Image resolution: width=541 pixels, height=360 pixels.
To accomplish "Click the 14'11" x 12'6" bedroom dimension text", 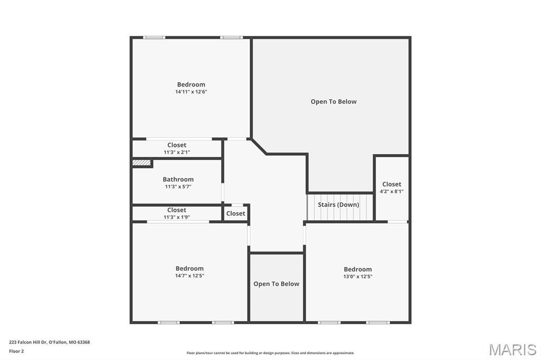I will (191, 92).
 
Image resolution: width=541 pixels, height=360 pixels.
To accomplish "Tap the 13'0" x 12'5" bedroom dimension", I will (358, 277).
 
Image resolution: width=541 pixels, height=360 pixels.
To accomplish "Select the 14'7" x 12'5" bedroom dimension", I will (190, 276).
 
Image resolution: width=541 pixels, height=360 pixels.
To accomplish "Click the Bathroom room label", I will (178, 179).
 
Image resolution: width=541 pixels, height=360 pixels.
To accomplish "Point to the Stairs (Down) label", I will (338, 205).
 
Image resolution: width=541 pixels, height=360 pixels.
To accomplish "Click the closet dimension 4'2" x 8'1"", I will (391, 192).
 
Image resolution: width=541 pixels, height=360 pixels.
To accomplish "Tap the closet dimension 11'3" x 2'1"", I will (177, 153).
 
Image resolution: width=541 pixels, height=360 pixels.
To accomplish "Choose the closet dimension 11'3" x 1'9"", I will (176, 217).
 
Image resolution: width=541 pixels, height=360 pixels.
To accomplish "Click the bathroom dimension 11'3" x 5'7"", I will (178, 186).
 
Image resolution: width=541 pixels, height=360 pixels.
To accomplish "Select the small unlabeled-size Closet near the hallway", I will (236, 213).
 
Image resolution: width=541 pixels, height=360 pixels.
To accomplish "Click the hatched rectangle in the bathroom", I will (142, 163).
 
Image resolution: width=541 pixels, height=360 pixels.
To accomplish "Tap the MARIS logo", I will (512, 349).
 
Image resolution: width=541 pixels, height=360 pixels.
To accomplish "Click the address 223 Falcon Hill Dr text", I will (49, 342).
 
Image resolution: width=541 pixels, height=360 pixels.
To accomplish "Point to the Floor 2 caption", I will (16, 351).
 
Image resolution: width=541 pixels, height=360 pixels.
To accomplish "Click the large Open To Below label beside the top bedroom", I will (333, 102).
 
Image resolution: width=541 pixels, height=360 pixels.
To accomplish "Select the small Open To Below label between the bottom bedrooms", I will (276, 284).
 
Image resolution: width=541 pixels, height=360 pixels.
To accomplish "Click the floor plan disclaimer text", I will (270, 353).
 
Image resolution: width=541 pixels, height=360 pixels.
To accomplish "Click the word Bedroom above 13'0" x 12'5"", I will (358, 269).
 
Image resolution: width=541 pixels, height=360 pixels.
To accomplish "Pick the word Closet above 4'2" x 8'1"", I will (391, 184).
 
